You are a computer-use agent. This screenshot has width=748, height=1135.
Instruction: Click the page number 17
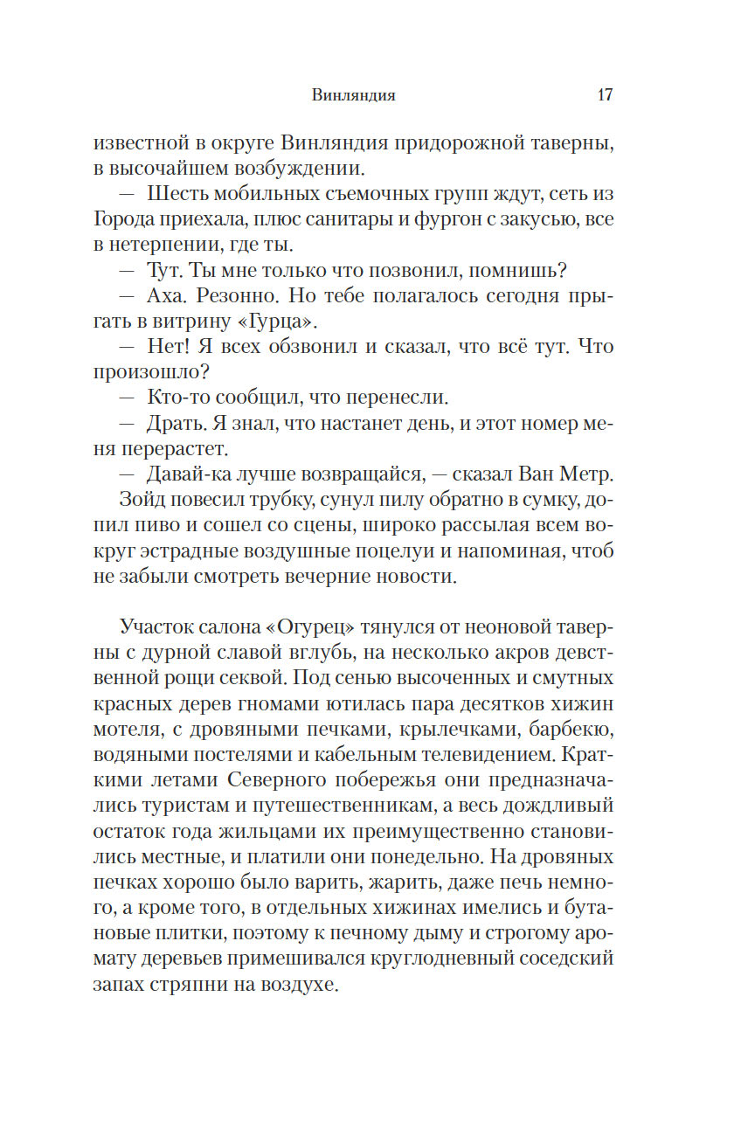tap(605, 95)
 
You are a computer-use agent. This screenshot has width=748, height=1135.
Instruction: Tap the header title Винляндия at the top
tap(353, 96)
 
